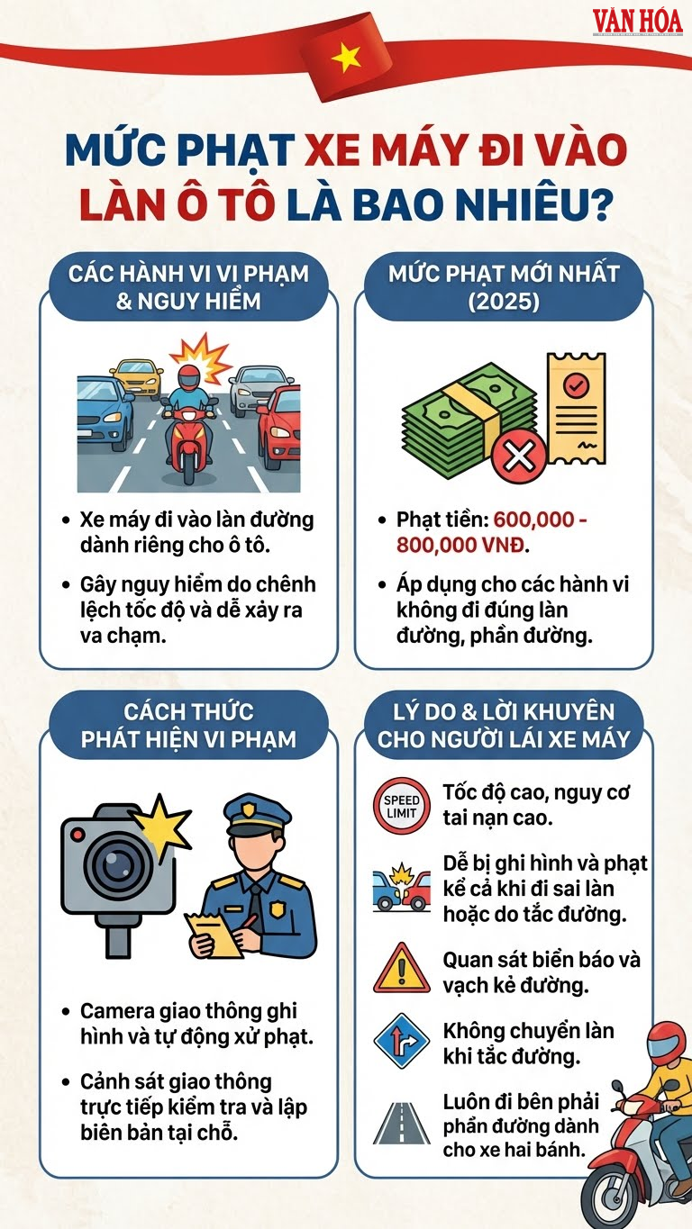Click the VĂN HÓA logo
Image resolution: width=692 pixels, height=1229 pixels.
[x=637, y=21]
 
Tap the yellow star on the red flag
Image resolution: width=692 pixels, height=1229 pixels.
[x=346, y=59]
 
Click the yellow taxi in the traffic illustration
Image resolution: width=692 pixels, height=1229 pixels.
[x=138, y=377]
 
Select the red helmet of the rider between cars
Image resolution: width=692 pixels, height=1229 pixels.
[x=189, y=376]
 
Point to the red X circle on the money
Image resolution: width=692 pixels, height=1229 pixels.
[x=518, y=457]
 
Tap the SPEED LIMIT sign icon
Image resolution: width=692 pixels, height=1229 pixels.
[x=402, y=805]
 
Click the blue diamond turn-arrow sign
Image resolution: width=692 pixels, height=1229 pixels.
[x=401, y=1042]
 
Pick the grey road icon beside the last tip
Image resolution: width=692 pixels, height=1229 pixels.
[x=401, y=1122]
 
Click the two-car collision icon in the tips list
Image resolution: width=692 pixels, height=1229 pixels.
[x=401, y=888]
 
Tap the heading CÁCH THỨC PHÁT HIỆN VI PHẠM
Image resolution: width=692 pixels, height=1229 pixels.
[x=188, y=726]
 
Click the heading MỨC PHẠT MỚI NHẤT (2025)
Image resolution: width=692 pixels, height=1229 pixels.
[x=503, y=287]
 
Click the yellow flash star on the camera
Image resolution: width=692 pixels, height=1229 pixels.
[x=162, y=819]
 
